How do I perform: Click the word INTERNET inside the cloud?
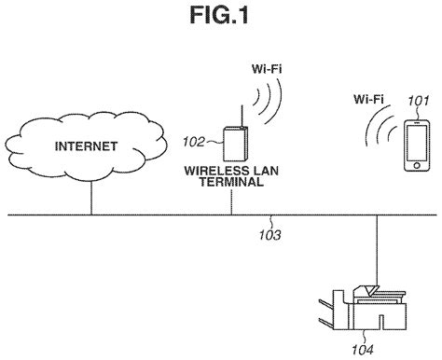86,146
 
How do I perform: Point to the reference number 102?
195,144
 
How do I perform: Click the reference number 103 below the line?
269,227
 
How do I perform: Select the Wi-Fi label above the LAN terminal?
269,68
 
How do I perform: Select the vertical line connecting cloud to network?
90,197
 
